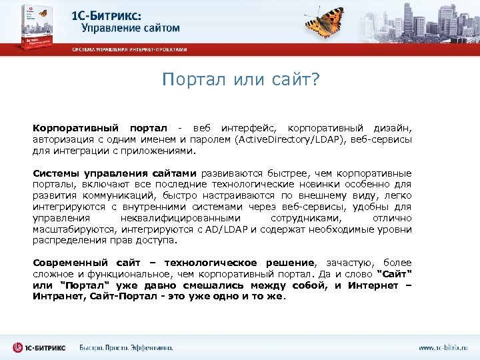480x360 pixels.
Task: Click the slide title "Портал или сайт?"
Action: [241, 80]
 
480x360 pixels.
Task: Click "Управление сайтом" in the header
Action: [130, 28]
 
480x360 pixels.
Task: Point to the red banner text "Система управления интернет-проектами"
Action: [129, 49]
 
